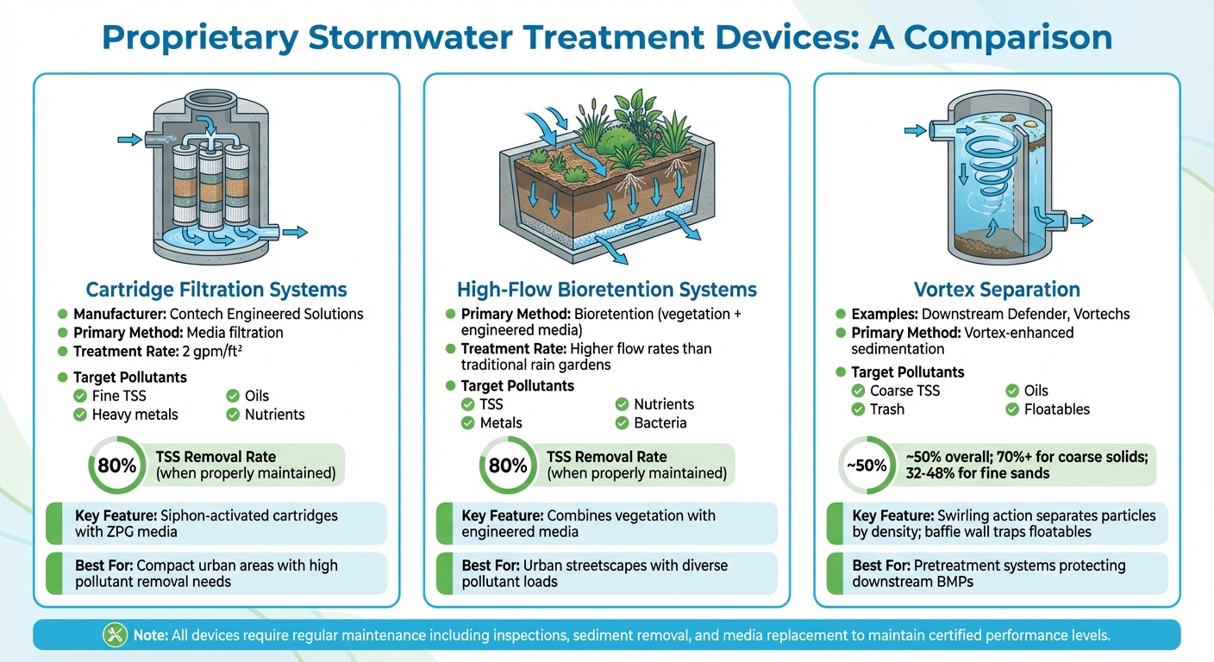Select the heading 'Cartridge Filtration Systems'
216,290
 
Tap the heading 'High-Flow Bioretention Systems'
606,290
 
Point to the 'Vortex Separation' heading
997,290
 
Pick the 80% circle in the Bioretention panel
507,465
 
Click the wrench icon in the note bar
115,635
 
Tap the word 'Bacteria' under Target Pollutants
660,422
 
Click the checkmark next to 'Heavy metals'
79,415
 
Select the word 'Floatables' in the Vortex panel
1057,409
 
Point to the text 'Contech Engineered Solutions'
266,314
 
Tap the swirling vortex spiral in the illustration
985,164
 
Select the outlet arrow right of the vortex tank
1080,222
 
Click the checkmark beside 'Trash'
857,409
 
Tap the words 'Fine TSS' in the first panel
119,396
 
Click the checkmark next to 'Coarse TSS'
857,390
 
